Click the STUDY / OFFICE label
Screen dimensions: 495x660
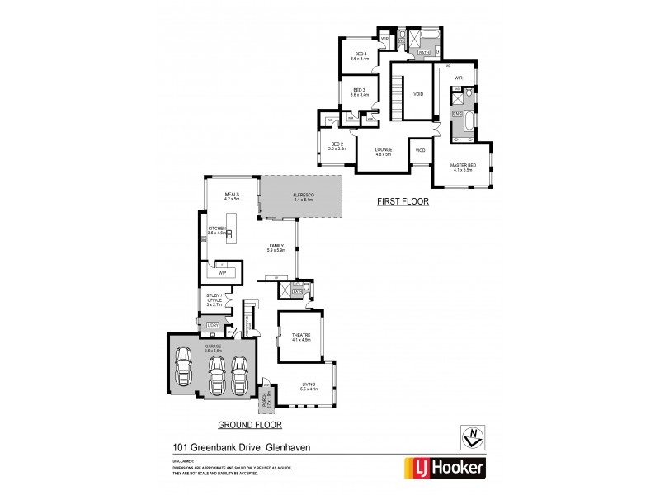214,299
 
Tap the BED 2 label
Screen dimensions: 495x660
336,144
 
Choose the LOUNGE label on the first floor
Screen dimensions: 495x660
383,149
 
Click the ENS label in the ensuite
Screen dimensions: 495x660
456,113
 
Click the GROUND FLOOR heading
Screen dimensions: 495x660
249,425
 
